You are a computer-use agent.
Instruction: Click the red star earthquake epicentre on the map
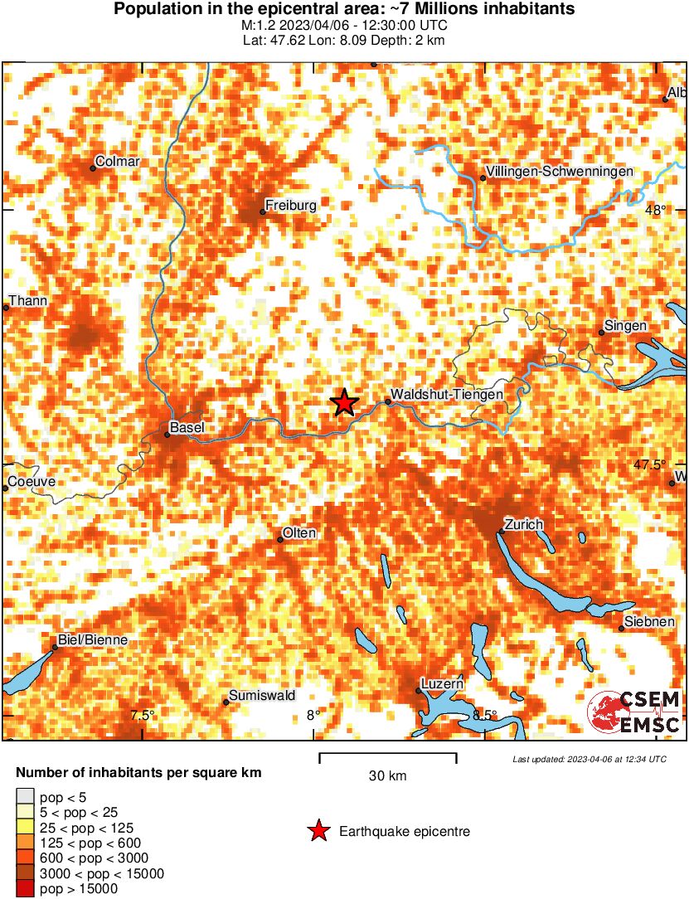pyautogui.click(x=344, y=402)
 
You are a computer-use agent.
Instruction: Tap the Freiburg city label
pyautogui.click(x=290, y=204)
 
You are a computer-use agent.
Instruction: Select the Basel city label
pyautogui.click(x=186, y=428)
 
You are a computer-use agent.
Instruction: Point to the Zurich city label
pyautogui.click(x=523, y=524)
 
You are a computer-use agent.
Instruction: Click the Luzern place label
pyautogui.click(x=442, y=683)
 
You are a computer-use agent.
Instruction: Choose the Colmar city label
pyautogui.click(x=118, y=161)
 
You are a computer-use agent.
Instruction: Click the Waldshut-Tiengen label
pyautogui.click(x=446, y=395)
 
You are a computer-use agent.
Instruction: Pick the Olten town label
pyautogui.click(x=299, y=532)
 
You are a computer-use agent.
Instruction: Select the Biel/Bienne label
pyautogui.click(x=92, y=639)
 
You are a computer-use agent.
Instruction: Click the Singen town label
pyautogui.click(x=626, y=326)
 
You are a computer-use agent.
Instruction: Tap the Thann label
pyautogui.click(x=27, y=301)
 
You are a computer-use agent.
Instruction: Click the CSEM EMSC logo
pyautogui.click(x=634, y=712)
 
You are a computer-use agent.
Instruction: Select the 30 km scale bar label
pyautogui.click(x=387, y=776)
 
